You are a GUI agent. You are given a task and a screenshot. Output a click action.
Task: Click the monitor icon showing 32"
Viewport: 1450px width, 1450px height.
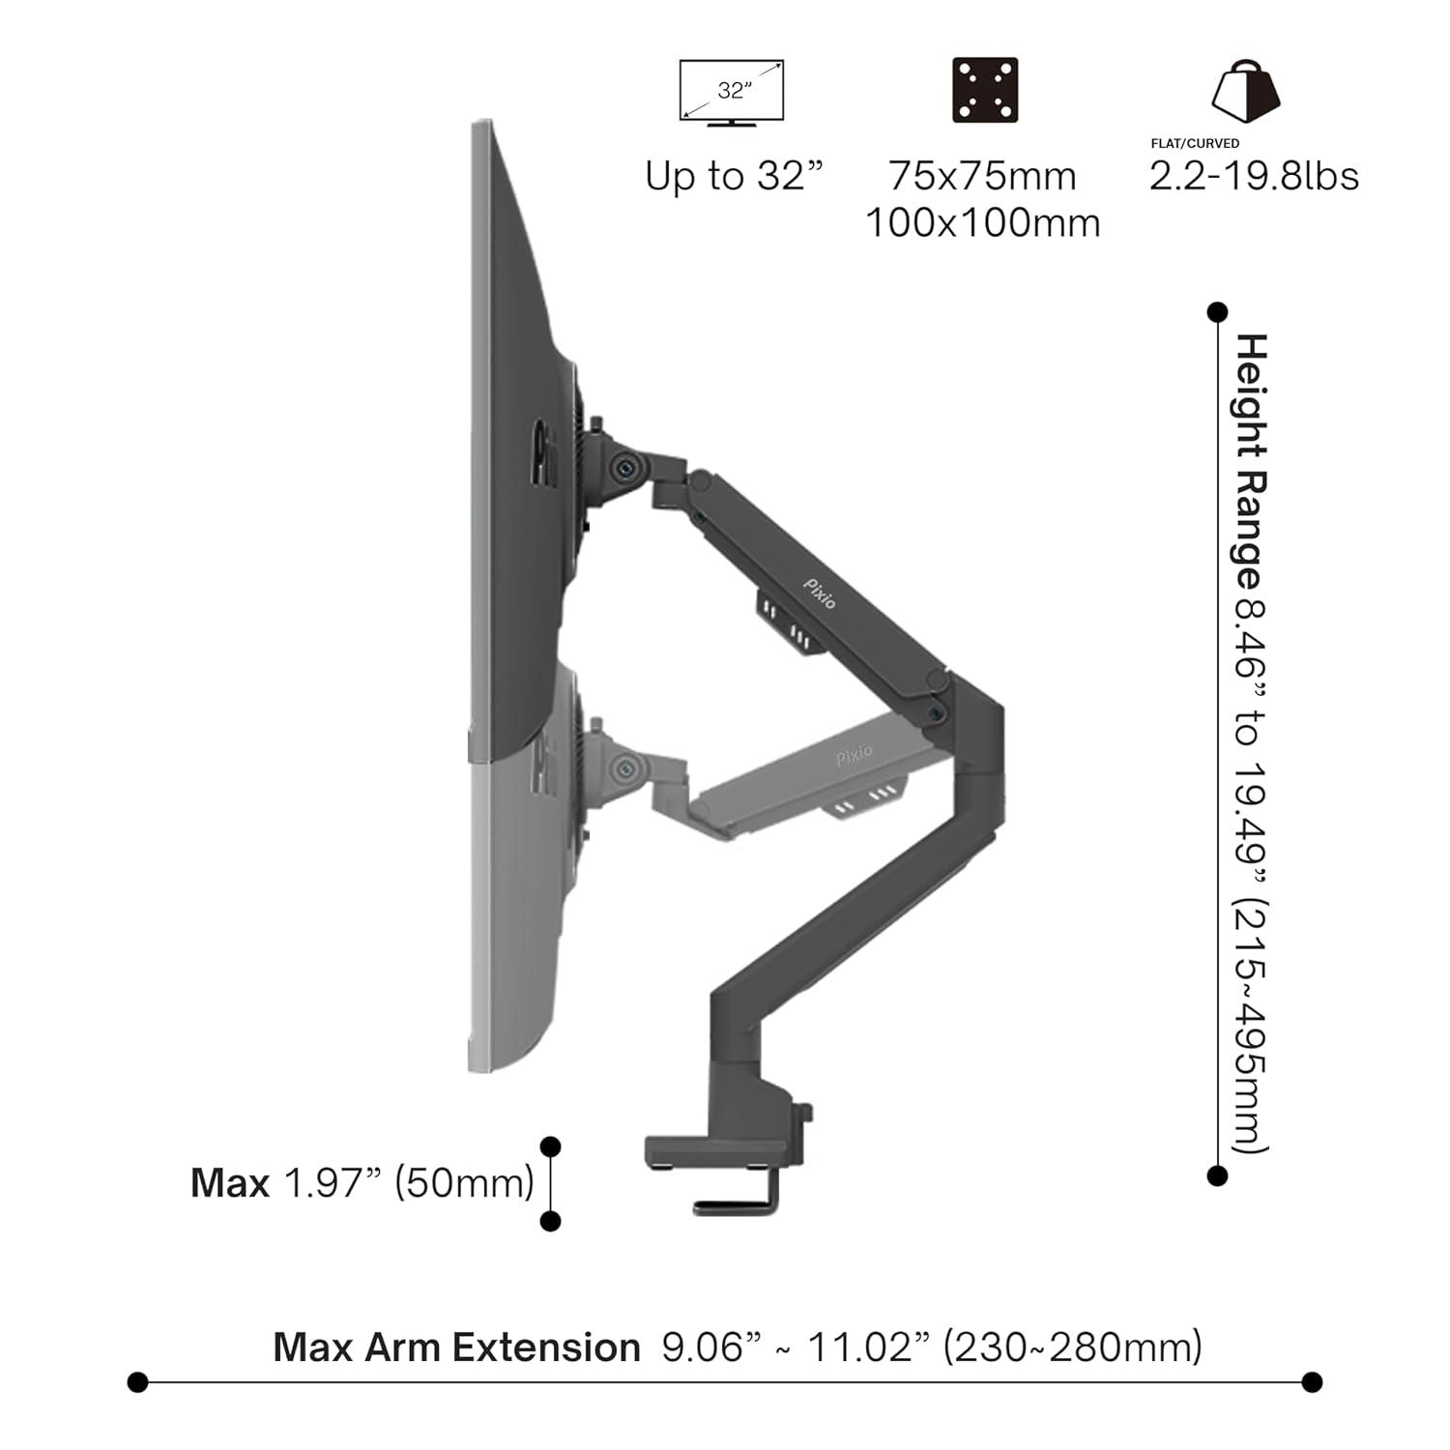point(732,93)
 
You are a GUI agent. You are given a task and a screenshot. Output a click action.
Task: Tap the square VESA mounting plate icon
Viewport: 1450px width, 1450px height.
point(985,90)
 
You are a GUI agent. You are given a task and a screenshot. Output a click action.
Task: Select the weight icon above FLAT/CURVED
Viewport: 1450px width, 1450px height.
point(1246,91)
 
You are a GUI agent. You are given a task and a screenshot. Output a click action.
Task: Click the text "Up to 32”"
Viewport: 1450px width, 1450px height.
point(734,176)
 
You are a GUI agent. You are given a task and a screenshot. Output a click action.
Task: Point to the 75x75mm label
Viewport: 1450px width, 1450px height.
point(982,176)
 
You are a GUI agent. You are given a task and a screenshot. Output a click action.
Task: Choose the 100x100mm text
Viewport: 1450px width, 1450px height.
point(982,223)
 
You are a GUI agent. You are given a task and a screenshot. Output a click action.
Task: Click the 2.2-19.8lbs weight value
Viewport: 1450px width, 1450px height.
point(1254,176)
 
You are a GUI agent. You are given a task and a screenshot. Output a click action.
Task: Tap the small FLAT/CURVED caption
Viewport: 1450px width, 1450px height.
point(1195,143)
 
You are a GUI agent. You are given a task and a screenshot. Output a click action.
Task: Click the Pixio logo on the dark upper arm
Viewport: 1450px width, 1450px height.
point(820,593)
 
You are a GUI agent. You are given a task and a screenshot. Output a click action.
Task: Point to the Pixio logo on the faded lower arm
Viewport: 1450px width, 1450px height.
point(855,755)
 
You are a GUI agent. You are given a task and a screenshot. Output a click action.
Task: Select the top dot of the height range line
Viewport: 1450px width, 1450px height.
point(1218,312)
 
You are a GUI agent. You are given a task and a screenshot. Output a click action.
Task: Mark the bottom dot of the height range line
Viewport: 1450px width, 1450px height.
point(1218,1175)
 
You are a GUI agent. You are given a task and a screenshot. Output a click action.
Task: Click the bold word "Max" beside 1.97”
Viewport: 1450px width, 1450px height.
point(230,1183)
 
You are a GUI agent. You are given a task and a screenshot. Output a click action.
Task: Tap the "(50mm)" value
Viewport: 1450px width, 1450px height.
point(465,1183)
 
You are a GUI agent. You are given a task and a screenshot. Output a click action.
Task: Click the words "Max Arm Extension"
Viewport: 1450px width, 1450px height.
point(456,1347)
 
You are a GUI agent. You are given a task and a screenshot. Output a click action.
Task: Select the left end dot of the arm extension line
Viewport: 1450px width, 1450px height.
point(138,1382)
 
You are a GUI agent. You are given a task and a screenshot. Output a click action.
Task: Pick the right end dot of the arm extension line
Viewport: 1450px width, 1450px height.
point(1312,1382)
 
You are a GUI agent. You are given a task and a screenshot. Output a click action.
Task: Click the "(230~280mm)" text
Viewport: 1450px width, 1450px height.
point(1073,1347)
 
